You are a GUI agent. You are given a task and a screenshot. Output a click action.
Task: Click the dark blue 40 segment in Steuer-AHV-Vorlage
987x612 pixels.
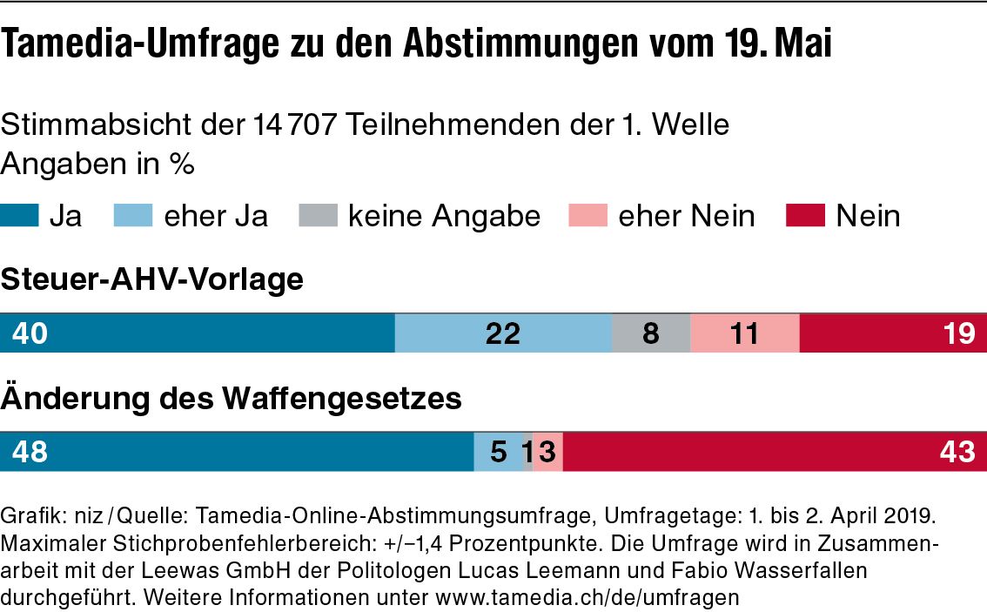click(197, 333)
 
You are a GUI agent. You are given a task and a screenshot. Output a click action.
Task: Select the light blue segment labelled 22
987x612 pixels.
click(503, 333)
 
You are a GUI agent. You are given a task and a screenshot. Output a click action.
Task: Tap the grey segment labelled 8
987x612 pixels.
click(651, 333)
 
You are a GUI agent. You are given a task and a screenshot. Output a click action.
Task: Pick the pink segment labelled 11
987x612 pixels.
click(744, 333)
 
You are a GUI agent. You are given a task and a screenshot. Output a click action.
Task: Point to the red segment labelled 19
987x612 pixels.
click(893, 333)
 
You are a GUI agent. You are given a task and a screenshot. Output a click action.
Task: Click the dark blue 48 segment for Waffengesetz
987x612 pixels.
click(236, 452)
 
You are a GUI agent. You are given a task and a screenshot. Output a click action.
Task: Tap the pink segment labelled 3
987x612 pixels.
click(547, 452)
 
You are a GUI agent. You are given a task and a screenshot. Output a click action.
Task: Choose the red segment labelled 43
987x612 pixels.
click(775, 452)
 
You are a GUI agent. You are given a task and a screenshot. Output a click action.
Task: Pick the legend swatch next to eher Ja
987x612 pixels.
click(133, 215)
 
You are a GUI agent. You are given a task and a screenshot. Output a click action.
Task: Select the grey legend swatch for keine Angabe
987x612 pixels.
click(318, 215)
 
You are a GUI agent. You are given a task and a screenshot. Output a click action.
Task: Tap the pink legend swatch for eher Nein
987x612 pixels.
click(587, 215)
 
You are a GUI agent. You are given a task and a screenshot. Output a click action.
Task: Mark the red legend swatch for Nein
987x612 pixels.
click(805, 215)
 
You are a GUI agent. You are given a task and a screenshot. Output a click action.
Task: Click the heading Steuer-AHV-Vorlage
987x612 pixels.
click(152, 280)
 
